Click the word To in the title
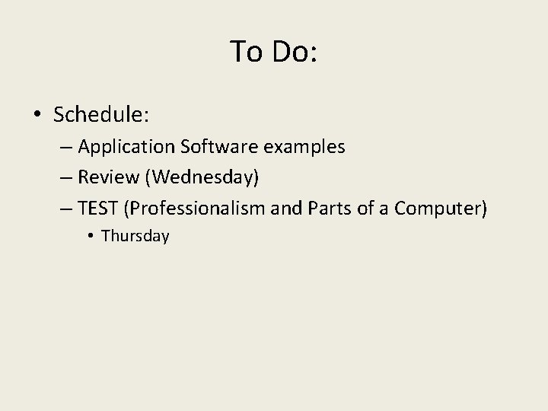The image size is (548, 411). point(246,52)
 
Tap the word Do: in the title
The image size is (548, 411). point(294,52)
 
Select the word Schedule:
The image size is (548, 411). point(101,115)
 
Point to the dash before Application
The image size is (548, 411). point(66,146)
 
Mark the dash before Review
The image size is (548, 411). point(66,177)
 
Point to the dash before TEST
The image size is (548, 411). point(66,209)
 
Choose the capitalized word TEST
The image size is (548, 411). point(99,209)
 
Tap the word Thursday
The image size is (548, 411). point(135,236)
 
